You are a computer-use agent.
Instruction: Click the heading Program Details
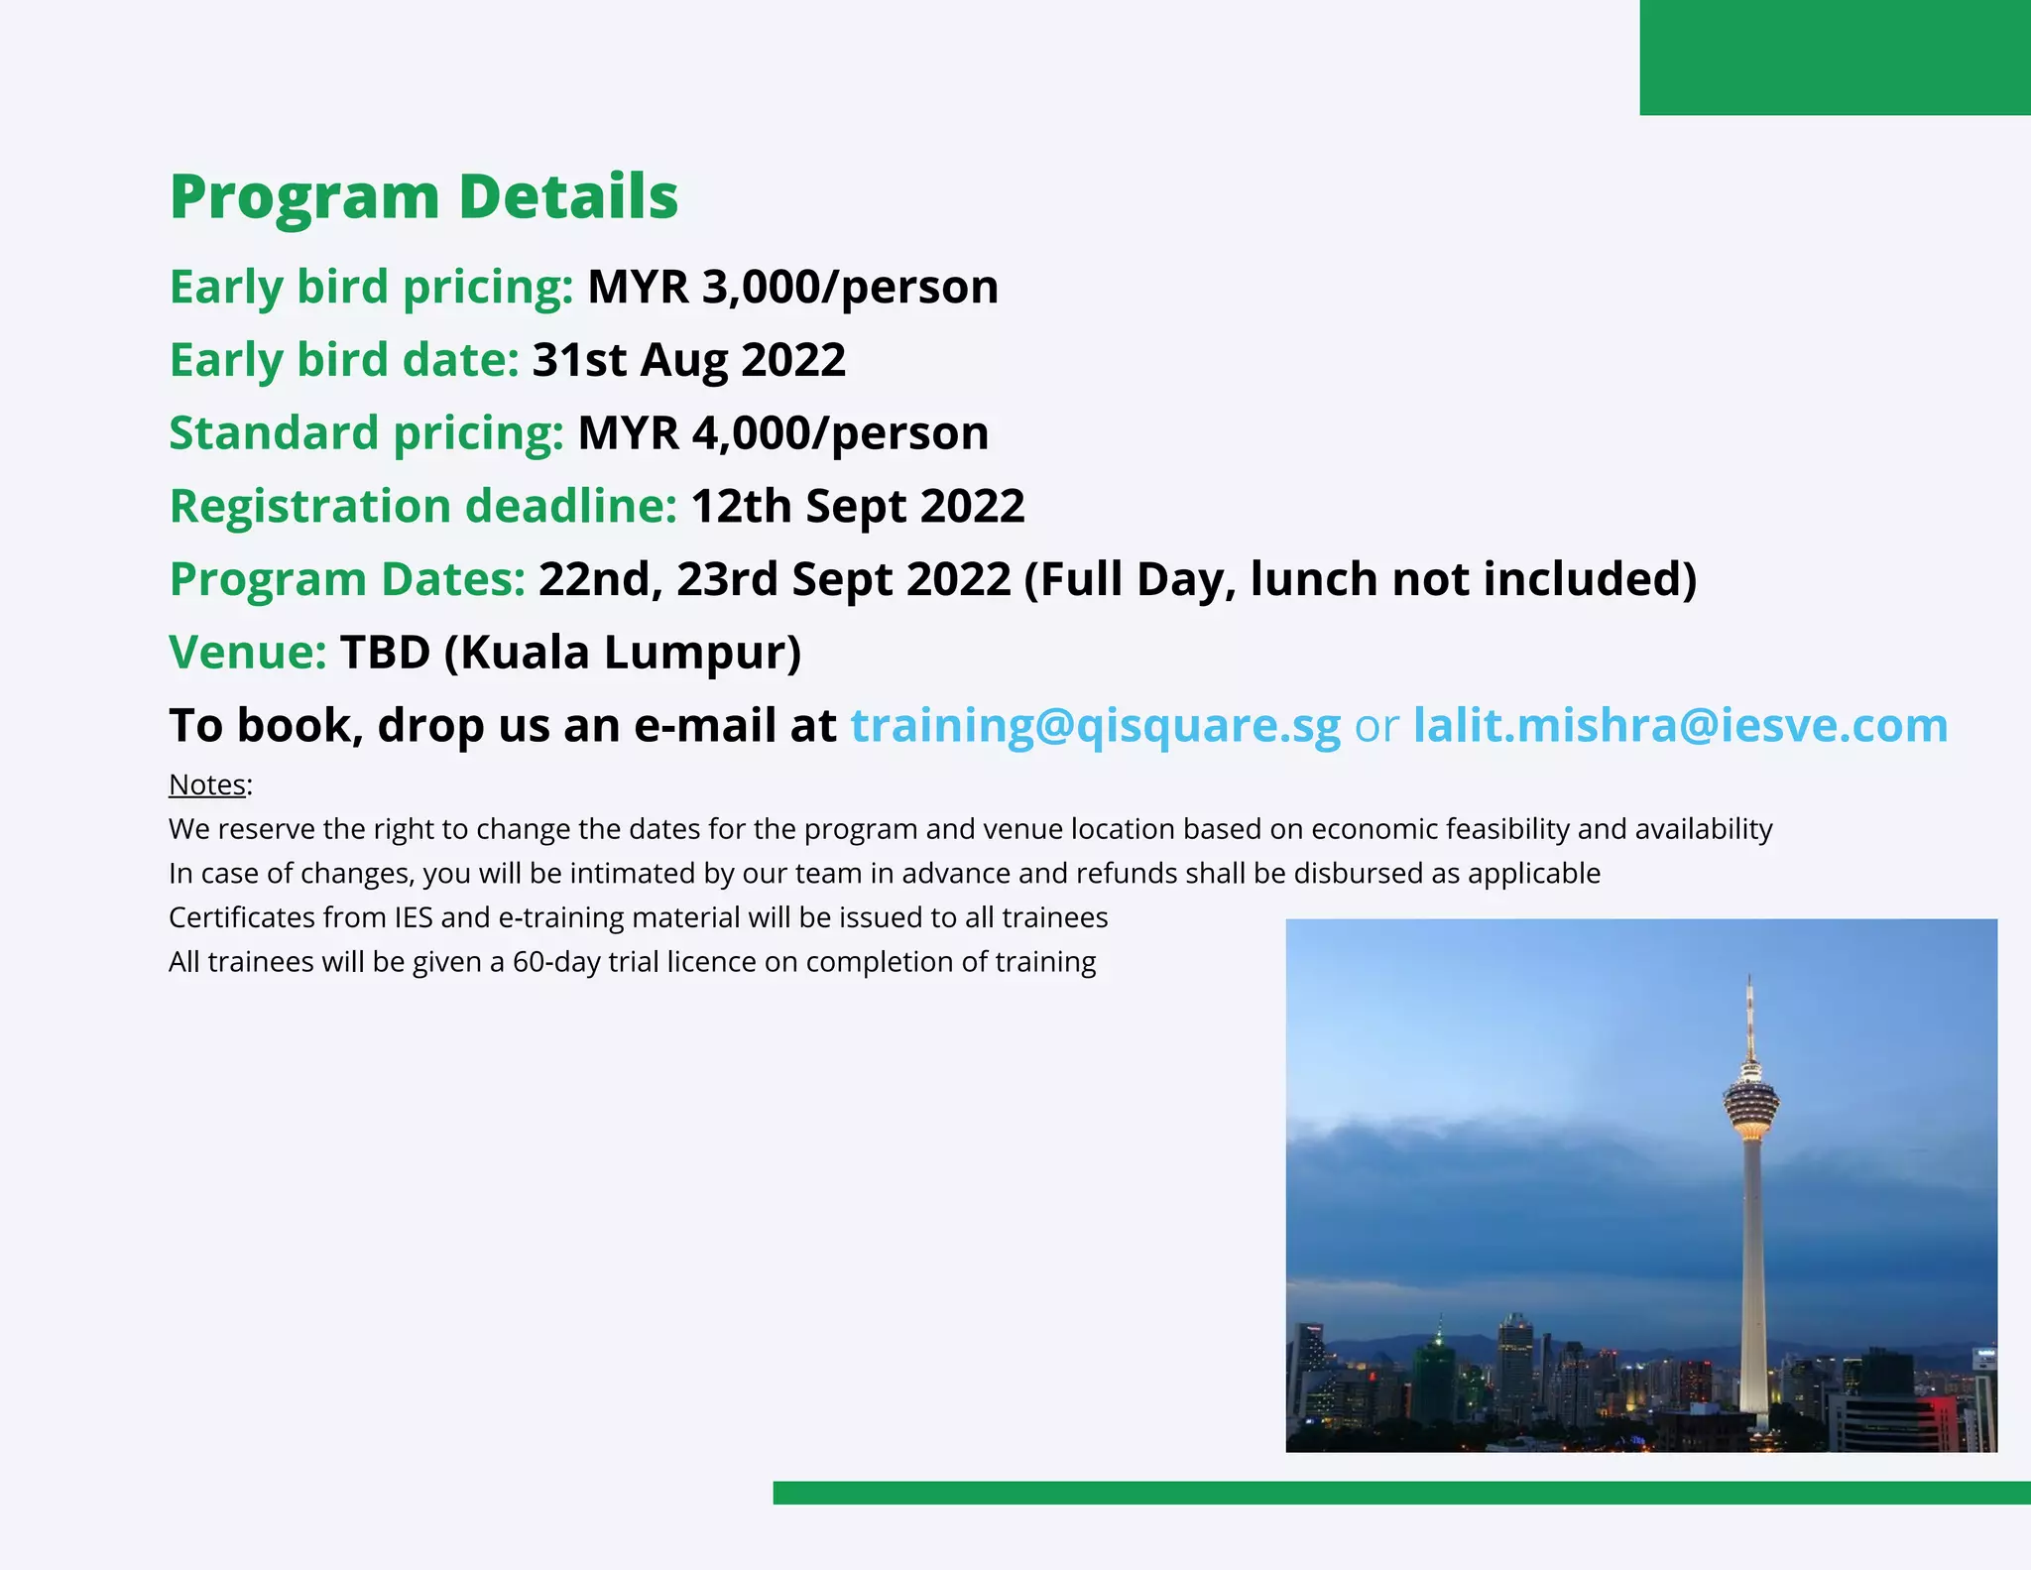(423, 196)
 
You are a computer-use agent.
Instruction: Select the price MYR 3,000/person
(792, 287)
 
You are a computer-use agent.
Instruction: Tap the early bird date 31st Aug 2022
(688, 360)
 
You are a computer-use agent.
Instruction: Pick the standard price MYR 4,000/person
(782, 433)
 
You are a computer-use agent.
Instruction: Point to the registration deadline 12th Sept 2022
(857, 507)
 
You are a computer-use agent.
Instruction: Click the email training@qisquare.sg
(1095, 725)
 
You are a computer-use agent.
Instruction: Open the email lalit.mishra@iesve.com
(1680, 725)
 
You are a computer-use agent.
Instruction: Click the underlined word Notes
(207, 785)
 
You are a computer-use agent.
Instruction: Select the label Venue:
(248, 653)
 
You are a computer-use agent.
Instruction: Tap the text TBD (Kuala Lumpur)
(570, 653)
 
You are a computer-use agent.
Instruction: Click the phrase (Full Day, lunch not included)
(1360, 579)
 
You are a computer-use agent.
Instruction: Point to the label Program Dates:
(347, 579)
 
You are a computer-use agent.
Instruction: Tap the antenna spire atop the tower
(1750, 1012)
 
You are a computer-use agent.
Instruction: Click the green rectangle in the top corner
(1835, 58)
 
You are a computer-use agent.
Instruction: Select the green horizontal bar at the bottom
(1401, 1493)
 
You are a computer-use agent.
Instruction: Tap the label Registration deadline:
(423, 507)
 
